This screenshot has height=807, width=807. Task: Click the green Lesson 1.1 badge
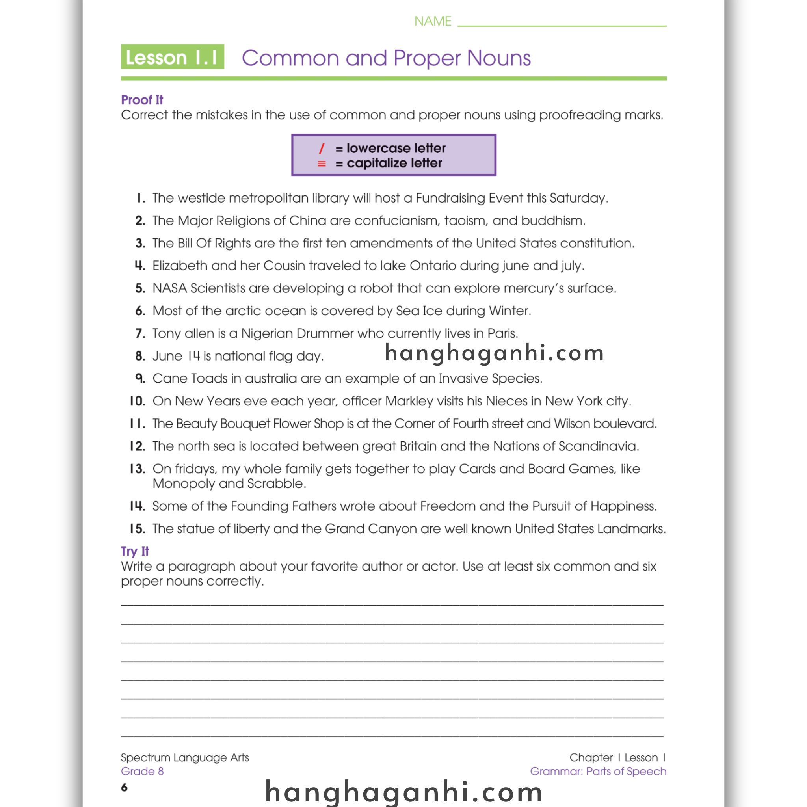(172, 57)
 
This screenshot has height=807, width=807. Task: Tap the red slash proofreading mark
(321, 148)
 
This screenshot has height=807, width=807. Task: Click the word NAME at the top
(432, 21)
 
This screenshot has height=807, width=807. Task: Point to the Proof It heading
(142, 100)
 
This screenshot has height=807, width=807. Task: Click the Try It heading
(134, 551)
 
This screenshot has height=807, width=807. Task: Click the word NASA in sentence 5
(169, 288)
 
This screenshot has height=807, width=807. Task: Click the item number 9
(140, 378)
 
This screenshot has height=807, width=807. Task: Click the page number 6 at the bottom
(124, 787)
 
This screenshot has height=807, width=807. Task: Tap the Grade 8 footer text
(142, 771)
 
